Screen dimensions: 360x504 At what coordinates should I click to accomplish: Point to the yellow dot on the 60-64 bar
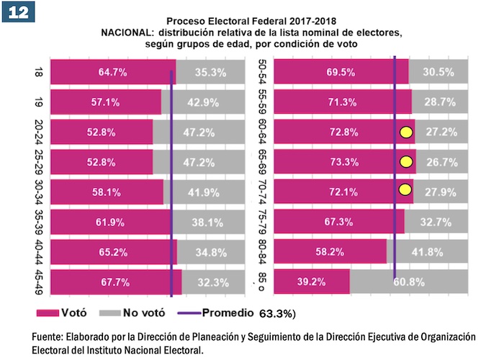tap(406, 132)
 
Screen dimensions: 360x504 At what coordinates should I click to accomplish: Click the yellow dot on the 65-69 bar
tap(406, 161)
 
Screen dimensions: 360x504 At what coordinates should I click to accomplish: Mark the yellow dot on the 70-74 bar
tap(405, 190)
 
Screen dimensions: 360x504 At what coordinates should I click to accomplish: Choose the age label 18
tap(39, 72)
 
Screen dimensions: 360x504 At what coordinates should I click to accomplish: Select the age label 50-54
tap(263, 71)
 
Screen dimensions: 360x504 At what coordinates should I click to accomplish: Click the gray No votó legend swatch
tap(111, 313)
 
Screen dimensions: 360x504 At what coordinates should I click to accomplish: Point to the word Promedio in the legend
tap(228, 313)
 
